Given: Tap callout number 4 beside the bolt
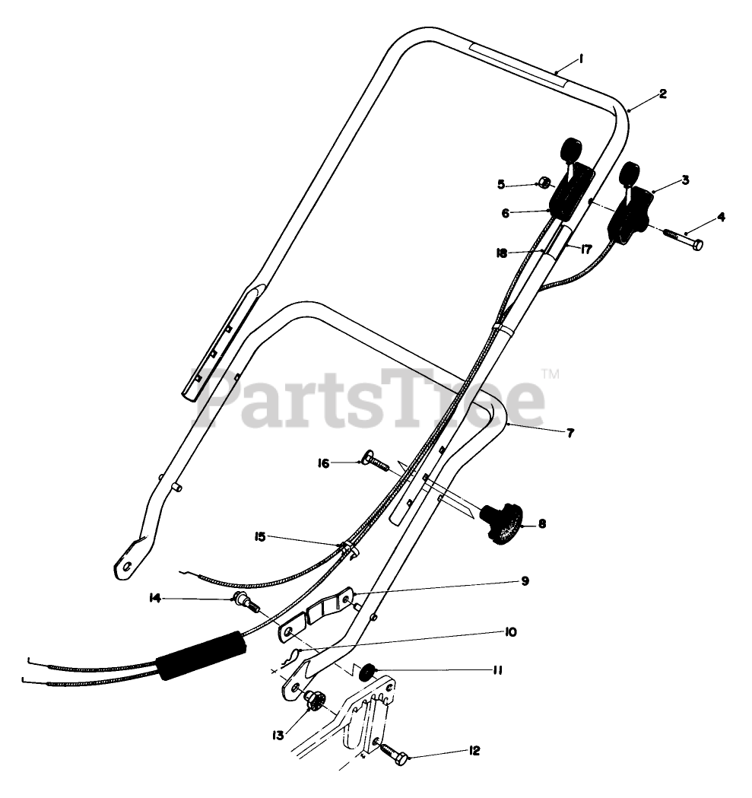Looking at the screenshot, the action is pos(721,218).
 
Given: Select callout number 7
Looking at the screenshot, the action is pos(570,433).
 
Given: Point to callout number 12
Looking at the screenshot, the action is pos(474,751).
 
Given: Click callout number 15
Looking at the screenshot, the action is pos(260,538).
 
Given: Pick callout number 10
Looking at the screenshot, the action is pos(509,631).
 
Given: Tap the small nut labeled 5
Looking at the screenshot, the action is pos(544,183).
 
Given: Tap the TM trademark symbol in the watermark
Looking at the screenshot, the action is pos(551,374).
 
